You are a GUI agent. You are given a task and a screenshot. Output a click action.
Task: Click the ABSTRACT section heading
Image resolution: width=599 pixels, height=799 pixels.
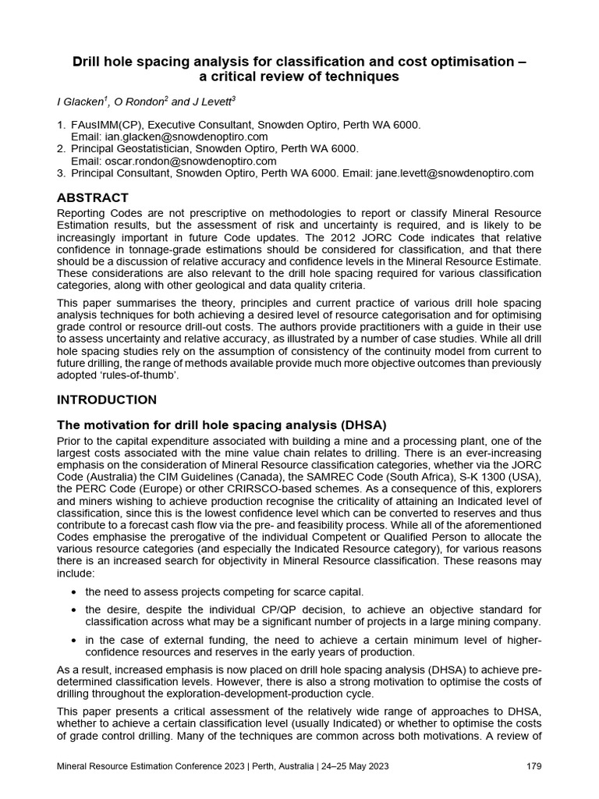pyautogui.click(x=93, y=197)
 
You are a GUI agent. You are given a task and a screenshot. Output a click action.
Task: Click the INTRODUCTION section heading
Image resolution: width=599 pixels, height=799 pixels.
pyautogui.click(x=107, y=399)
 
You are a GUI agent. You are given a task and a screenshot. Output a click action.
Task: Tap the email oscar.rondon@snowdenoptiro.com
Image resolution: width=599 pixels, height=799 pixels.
pyautogui.click(x=184, y=161)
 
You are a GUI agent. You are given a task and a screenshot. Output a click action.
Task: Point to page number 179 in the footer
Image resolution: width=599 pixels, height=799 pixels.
pyautogui.click(x=534, y=766)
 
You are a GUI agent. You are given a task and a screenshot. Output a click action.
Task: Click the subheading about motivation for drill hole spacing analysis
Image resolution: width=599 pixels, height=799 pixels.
pyautogui.click(x=222, y=424)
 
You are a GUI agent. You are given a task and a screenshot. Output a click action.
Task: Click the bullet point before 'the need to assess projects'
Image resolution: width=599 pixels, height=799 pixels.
pyautogui.click(x=73, y=592)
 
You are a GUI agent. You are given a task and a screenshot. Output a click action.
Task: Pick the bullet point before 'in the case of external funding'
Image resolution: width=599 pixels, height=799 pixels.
pyautogui.click(x=73, y=641)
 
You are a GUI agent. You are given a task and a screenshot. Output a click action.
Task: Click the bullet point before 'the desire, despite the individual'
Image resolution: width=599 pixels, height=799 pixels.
pyautogui.click(x=73, y=609)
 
